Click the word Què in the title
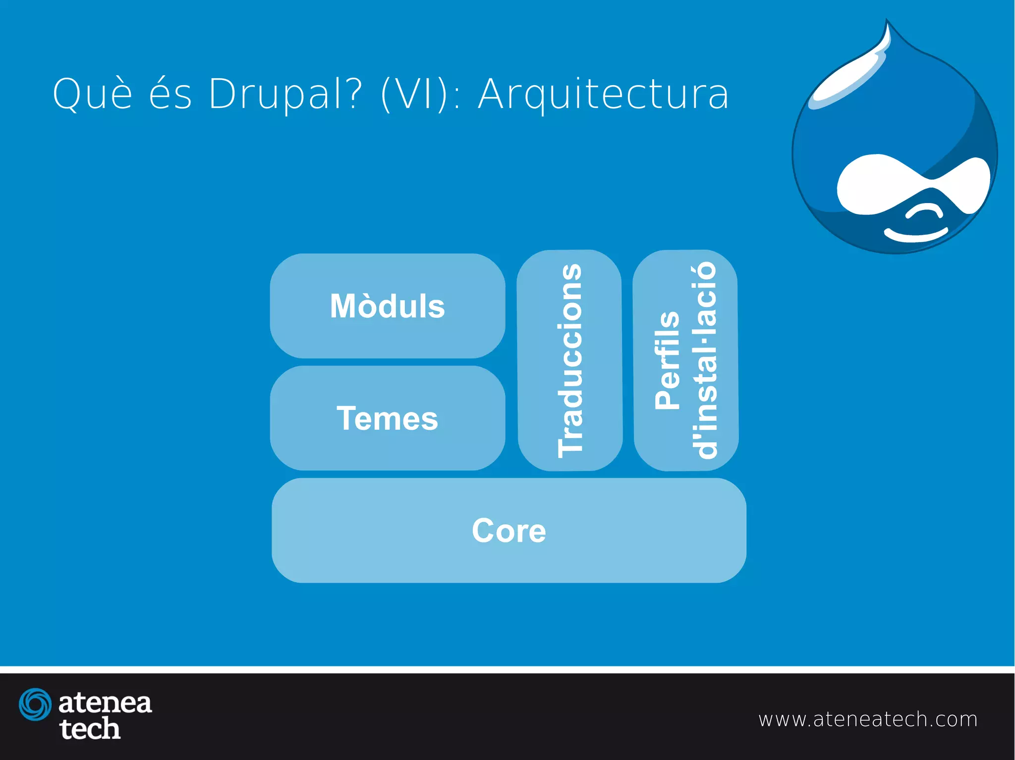[93, 94]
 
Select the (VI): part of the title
[421, 94]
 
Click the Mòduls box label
[388, 306]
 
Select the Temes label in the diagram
[388, 418]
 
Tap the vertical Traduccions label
[570, 360]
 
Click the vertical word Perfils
[667, 360]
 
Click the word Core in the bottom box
[509, 531]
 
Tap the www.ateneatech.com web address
[868, 719]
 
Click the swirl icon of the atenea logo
[35, 704]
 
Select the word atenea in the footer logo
[105, 703]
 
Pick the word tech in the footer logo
[90, 729]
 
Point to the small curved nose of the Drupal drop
[925, 212]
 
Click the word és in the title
[170, 94]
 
